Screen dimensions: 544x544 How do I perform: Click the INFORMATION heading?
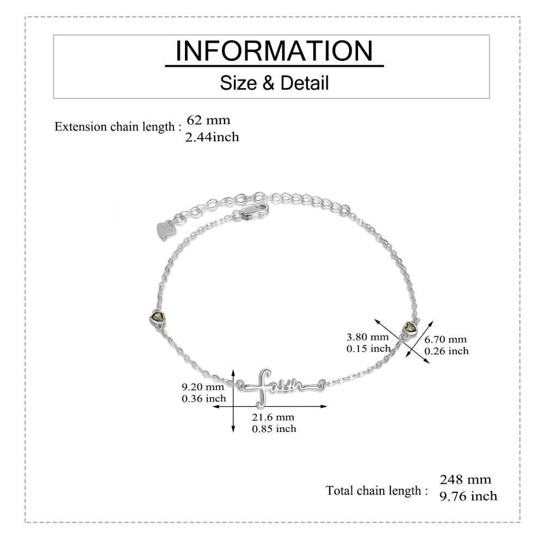click(274, 51)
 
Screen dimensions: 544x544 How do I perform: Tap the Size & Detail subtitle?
click(274, 83)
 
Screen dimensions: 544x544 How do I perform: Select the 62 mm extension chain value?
click(208, 120)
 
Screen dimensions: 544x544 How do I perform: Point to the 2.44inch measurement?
click(212, 137)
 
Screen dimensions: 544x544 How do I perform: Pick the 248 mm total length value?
click(466, 479)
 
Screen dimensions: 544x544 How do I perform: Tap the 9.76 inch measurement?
click(468, 496)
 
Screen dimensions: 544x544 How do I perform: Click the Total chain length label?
click(377, 491)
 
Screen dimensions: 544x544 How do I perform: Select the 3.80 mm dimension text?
click(367, 337)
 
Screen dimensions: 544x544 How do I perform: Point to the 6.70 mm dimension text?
click(446, 339)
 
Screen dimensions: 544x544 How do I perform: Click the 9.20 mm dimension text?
click(203, 386)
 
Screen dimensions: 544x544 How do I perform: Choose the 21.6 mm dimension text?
click(273, 417)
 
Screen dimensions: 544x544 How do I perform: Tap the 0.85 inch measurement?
click(274, 429)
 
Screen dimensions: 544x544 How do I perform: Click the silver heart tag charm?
click(166, 230)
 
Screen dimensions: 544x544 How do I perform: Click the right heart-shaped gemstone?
click(410, 327)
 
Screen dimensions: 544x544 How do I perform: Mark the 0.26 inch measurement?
click(447, 351)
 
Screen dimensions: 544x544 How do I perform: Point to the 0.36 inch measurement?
click(204, 398)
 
